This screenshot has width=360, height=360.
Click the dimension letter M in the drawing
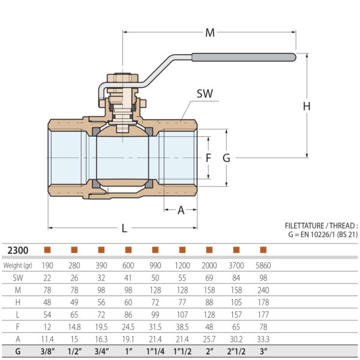[x=209, y=33]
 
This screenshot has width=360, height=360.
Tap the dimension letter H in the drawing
[x=307, y=106]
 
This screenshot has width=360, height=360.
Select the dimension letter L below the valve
[x=124, y=228]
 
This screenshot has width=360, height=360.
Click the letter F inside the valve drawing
[x=209, y=158]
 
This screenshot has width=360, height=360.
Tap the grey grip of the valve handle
[x=244, y=58]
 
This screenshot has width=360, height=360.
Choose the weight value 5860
[x=263, y=265]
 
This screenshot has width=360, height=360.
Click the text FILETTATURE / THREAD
[x=321, y=226]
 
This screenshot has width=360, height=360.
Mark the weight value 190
[x=47, y=265]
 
